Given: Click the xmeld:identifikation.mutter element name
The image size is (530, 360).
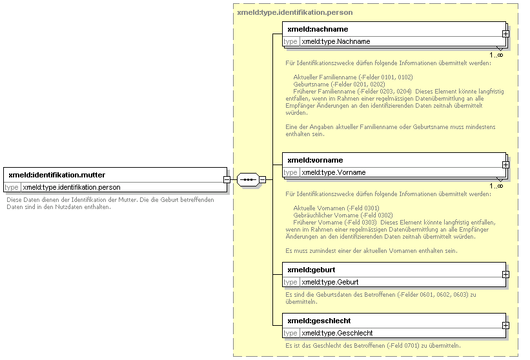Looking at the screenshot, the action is tap(57, 175).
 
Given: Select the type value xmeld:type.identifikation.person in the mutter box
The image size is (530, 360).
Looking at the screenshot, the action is tap(71, 188).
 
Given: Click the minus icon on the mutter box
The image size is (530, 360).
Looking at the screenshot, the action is tap(227, 179).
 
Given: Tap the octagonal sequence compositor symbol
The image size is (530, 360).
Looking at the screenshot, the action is tap(248, 179).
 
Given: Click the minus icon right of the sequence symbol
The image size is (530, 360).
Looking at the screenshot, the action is tap(262, 179).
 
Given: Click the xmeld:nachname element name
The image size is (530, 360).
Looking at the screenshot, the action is tap(318, 30).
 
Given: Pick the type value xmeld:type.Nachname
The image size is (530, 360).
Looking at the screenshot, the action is tap(336, 41).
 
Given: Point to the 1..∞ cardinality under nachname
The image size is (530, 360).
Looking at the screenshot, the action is tap(496, 55).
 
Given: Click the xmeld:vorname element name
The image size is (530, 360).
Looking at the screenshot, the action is tap(315, 160).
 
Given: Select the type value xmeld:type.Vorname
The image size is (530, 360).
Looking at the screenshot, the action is tap(334, 172).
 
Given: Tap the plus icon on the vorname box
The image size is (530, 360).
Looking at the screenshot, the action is tap(505, 165).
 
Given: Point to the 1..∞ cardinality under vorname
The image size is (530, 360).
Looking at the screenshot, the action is tap(496, 186).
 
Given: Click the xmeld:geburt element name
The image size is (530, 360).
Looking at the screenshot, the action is tap(311, 270).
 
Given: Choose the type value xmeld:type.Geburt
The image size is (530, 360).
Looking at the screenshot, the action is tap(330, 283).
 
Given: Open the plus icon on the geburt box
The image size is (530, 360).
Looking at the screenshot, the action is tap(505, 275).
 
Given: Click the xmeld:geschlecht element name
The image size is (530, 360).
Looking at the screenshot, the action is tap(319, 321).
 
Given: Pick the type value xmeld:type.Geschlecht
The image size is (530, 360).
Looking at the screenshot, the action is tap(337, 334).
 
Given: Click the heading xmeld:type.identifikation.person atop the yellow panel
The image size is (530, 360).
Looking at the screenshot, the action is tap(295, 12).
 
